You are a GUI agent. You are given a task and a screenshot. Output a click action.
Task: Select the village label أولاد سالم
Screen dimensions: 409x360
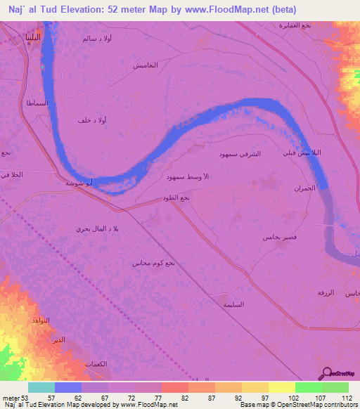pyautogui.click(x=96, y=39)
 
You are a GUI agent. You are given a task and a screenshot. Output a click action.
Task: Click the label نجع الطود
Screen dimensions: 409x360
pyautogui.click(x=176, y=199)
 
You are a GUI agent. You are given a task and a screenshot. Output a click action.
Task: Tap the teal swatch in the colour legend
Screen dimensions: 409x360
pyautogui.click(x=41, y=387)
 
